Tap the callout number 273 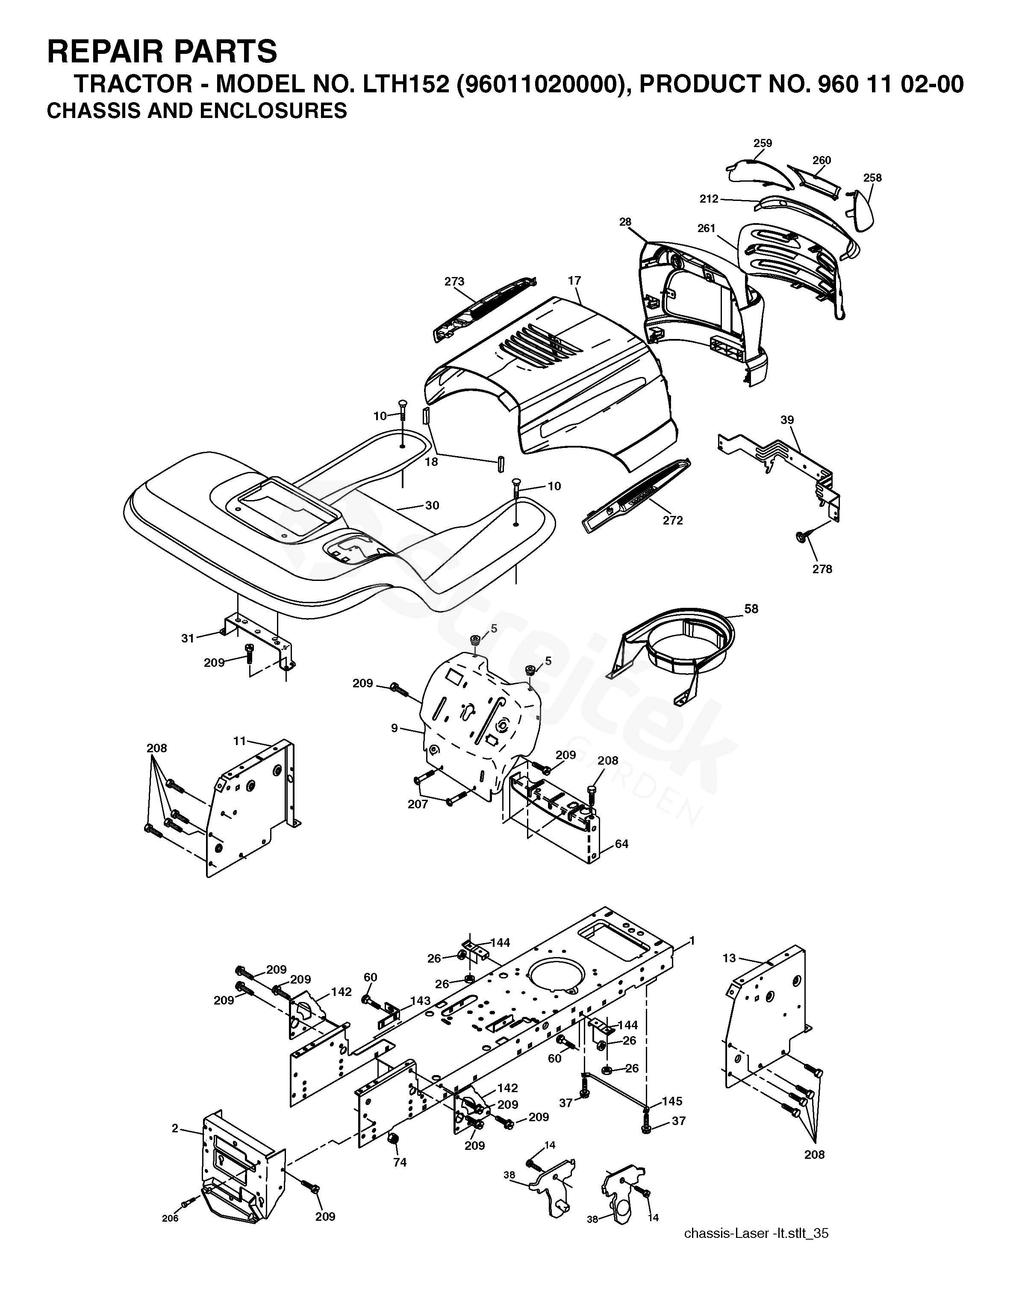pos(454,282)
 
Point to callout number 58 pos(751,609)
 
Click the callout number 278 pos(822,569)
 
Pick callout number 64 pos(621,844)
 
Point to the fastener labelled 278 pos(801,537)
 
